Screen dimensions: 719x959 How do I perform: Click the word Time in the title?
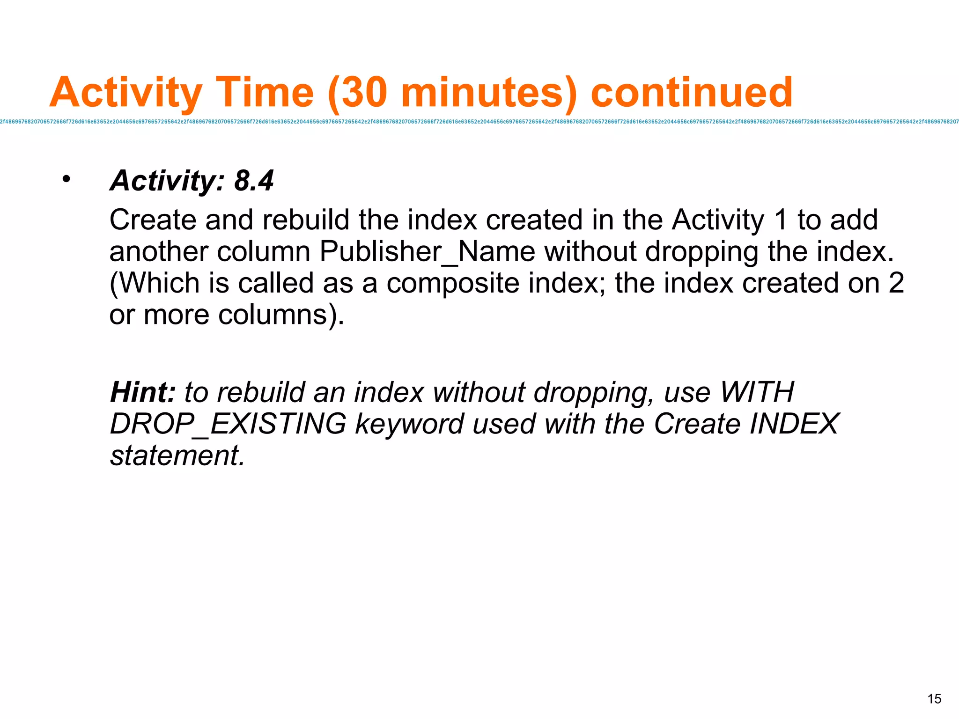point(265,92)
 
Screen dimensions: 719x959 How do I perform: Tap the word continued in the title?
point(692,92)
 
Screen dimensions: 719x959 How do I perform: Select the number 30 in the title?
point(364,92)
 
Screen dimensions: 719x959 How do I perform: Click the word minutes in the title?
point(483,92)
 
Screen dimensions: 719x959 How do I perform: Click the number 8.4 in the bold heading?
point(254,181)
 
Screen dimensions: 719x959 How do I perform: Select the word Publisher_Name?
point(428,251)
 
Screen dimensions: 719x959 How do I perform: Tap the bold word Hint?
point(142,392)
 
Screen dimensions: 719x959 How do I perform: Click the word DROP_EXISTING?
point(228,424)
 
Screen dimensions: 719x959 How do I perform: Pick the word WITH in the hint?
point(757,392)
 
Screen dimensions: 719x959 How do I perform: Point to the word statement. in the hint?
point(177,455)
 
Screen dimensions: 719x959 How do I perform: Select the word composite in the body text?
point(453,283)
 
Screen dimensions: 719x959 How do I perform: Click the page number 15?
point(934,699)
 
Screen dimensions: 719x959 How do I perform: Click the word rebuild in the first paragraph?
point(306,220)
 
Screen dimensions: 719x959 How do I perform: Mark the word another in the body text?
point(159,251)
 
